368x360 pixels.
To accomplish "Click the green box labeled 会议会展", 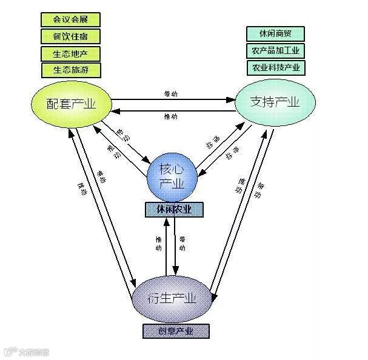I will tap(70, 20).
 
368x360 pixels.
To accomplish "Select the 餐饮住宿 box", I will tap(70, 36).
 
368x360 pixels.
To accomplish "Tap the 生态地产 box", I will tap(70, 53).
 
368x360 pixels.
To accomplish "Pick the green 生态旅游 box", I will tap(70, 70).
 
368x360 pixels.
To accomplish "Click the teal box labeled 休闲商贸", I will tap(276, 34).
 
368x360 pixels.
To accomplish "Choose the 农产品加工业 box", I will tap(276, 51).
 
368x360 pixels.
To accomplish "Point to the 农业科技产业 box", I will tap(276, 67).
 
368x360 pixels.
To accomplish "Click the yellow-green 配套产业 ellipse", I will tap(72, 104).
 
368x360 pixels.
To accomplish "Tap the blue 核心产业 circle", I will tap(175, 175).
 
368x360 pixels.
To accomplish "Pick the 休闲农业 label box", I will tap(174, 210).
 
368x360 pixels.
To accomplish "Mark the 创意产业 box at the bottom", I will tap(176, 331).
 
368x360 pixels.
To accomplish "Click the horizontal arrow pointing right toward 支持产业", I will tap(173, 99).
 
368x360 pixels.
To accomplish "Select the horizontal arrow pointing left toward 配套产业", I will tap(173, 110).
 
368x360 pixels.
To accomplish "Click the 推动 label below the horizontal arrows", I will tap(171, 116).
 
